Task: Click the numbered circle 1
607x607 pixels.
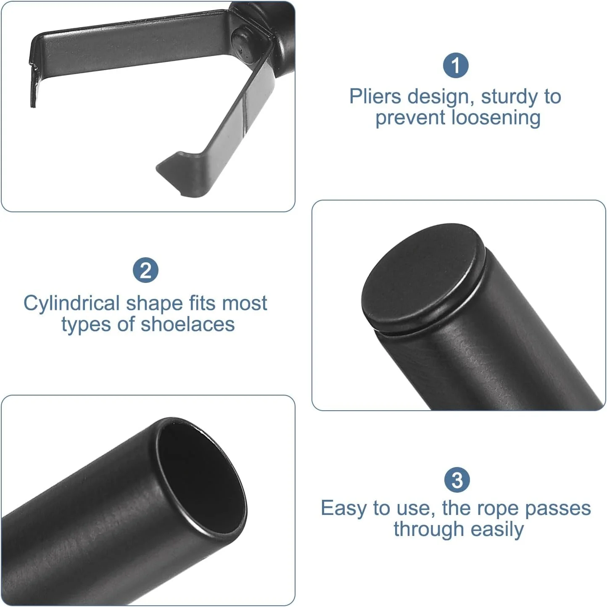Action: pyautogui.click(x=456, y=66)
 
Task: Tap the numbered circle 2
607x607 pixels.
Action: pyautogui.click(x=145, y=270)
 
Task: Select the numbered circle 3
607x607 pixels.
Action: pyautogui.click(x=457, y=480)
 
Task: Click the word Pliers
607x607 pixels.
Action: pyautogui.click(x=375, y=96)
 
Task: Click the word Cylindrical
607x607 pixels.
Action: pyautogui.click(x=71, y=303)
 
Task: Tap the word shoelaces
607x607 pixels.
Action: pyautogui.click(x=187, y=324)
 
